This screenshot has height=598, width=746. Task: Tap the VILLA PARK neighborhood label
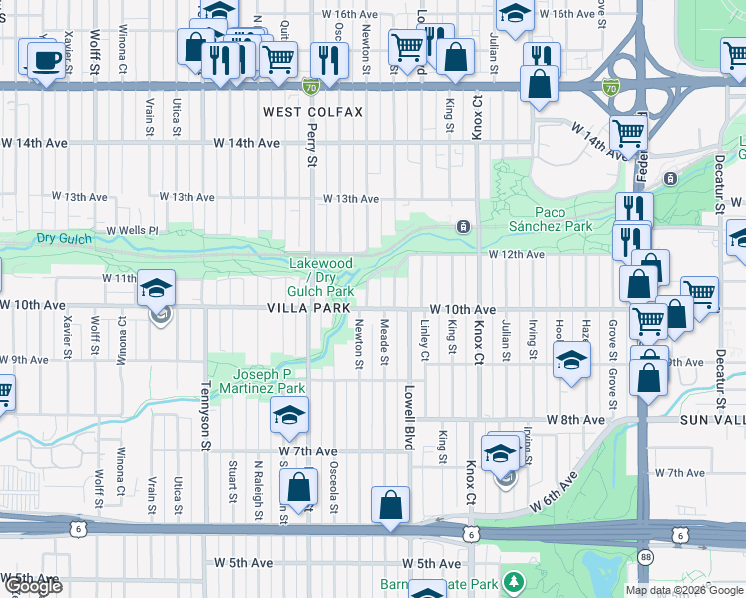point(307,309)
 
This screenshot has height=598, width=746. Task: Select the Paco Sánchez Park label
point(563,219)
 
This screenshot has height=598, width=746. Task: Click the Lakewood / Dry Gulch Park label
point(321,277)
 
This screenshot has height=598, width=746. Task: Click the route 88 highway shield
point(646,556)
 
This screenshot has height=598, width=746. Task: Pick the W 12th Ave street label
point(517,255)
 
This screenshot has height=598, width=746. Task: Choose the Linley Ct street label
point(424,342)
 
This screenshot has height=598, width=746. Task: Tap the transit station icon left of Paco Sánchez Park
point(463,227)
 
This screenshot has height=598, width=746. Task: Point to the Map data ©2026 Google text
point(683,590)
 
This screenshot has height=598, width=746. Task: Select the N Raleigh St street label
point(258,482)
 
